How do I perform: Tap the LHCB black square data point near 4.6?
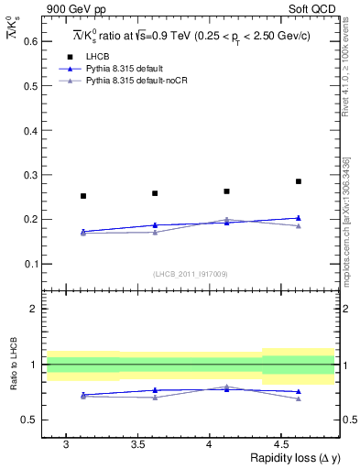299,181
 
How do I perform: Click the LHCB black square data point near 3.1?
83,196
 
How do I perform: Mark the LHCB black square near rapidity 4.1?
226,191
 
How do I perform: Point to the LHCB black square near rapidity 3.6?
155,193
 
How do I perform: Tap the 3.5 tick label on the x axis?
137,444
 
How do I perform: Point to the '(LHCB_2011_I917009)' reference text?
190,273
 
